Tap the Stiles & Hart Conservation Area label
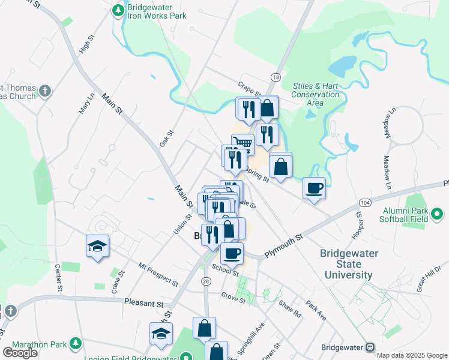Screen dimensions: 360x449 315,94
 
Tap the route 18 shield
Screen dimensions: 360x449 276,77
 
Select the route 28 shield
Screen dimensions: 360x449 206,281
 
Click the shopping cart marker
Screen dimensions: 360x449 242,143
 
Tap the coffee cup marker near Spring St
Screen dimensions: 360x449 314,188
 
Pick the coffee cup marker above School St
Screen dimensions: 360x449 232,253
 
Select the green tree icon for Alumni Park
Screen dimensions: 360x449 438,213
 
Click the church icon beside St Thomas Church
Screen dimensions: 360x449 44,92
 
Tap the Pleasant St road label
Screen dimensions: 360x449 143,303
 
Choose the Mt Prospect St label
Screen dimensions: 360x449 158,273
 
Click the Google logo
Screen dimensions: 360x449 20,353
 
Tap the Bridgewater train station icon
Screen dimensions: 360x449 370,347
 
